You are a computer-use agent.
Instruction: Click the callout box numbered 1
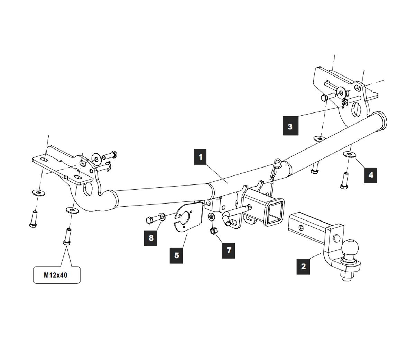(201, 157)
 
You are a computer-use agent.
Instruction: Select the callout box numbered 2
(303, 266)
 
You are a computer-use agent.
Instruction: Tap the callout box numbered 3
(290, 126)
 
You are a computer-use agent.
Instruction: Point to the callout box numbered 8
(151, 237)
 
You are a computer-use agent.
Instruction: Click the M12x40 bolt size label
(57, 275)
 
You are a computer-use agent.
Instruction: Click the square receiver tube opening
(275, 212)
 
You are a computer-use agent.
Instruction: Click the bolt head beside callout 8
(148, 219)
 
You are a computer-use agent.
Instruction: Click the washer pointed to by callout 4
(349, 154)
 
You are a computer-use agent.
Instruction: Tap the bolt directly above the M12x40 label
(67, 237)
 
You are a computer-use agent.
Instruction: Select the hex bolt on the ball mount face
(336, 238)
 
